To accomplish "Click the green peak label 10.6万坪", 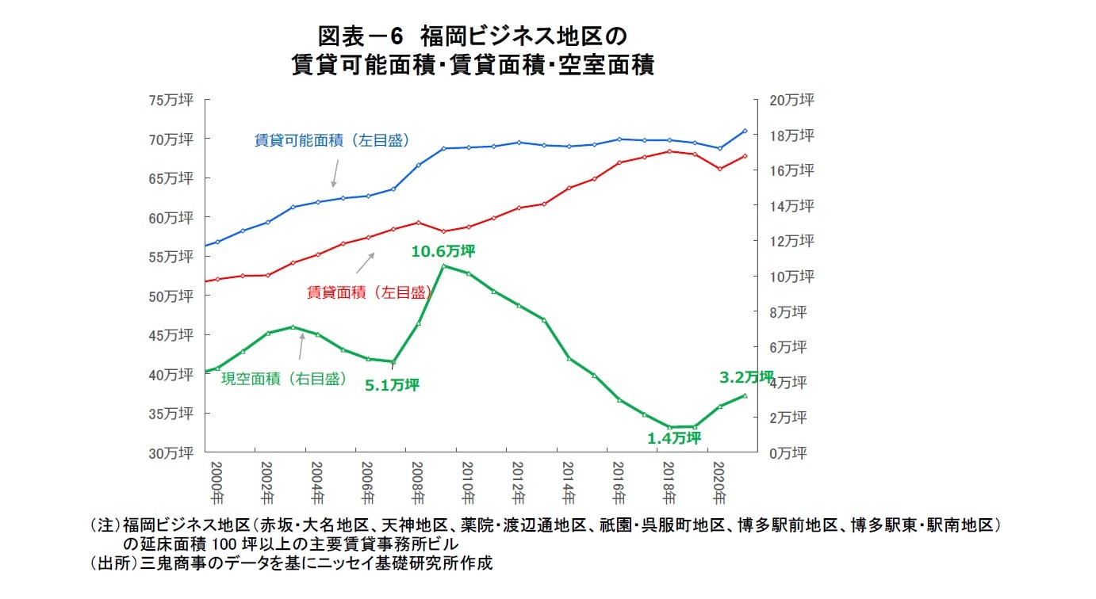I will pyautogui.click(x=443, y=251).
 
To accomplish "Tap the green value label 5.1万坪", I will pyautogui.click(x=392, y=385).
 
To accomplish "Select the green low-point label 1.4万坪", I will pyautogui.click(x=674, y=438).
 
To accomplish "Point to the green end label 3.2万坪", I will pyautogui.click(x=745, y=377).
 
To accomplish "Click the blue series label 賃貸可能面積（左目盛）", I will pyautogui.click(x=332, y=140).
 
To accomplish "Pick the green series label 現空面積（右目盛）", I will pyautogui.click(x=284, y=379).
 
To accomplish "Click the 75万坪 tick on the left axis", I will pyautogui.click(x=171, y=100).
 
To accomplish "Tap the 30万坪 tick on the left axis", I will pyautogui.click(x=171, y=452).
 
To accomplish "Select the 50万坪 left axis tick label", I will pyautogui.click(x=171, y=296).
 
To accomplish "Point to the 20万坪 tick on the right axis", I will pyautogui.click(x=791, y=100).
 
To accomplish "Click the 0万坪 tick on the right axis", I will pyautogui.click(x=788, y=452).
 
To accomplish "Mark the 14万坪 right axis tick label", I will pyautogui.click(x=791, y=206).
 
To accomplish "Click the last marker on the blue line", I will pyautogui.click(x=745, y=131).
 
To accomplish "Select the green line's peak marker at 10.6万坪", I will pyautogui.click(x=443, y=265).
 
